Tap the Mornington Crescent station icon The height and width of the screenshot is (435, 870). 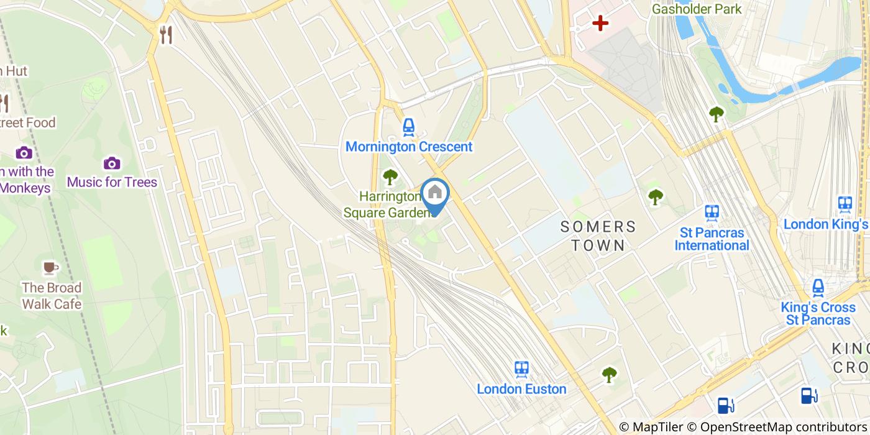pyautogui.click(x=408, y=127)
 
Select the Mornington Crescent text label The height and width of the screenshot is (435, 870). pyautogui.click(x=409, y=147)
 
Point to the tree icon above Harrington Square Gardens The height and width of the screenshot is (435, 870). pyautogui.click(x=390, y=178)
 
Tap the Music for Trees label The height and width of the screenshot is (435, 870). pyautogui.click(x=112, y=182)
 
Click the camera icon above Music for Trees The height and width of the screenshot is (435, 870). pyautogui.click(x=112, y=163)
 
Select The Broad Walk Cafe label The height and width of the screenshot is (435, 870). pyautogui.click(x=52, y=296)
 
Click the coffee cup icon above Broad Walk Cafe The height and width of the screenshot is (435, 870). pyautogui.click(x=50, y=268)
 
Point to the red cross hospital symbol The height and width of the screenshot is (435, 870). pyautogui.click(x=600, y=24)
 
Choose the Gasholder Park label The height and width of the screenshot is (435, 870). pyautogui.click(x=697, y=9)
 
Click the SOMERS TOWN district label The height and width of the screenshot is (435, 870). pyautogui.click(x=598, y=236)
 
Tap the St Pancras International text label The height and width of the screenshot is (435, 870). pyautogui.click(x=712, y=239)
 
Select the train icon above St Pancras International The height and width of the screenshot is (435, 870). pyautogui.click(x=712, y=213)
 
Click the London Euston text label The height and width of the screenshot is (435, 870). pyautogui.click(x=521, y=389)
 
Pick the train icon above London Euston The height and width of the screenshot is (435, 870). pyautogui.click(x=521, y=369)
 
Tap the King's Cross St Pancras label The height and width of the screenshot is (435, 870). pyautogui.click(x=818, y=314)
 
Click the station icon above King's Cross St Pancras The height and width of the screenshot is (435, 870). pyautogui.click(x=818, y=287)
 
